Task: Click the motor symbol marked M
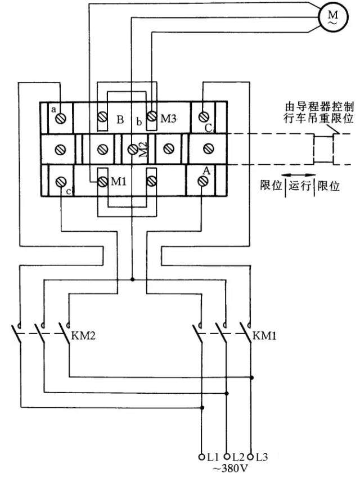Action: [329, 17]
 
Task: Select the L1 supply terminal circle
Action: [202, 456]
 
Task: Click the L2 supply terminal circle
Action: [227, 456]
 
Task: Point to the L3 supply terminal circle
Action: [251, 456]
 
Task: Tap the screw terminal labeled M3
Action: [151, 116]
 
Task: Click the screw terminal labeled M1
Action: [103, 182]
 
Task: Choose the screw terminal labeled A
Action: [203, 181]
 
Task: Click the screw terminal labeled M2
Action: [133, 149]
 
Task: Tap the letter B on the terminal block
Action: [120, 119]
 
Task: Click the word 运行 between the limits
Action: [300, 186]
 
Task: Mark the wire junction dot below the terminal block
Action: [132, 279]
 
